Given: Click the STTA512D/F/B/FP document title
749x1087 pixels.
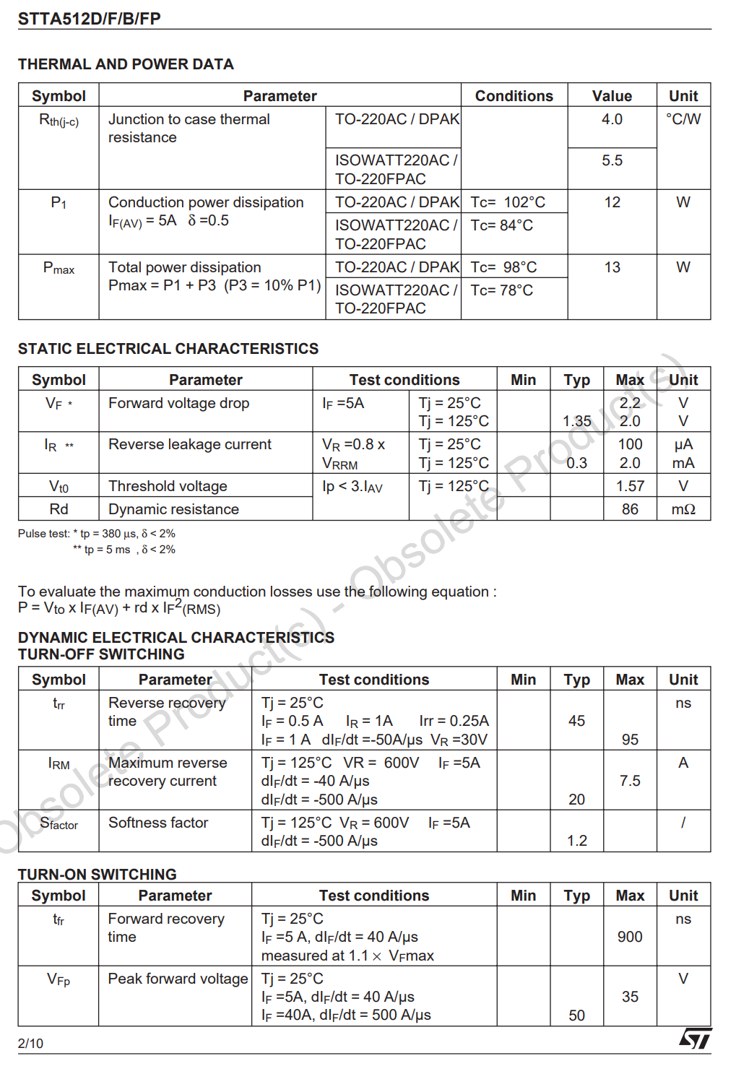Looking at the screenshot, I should tap(89, 19).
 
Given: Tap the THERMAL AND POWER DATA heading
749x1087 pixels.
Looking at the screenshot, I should tap(126, 64).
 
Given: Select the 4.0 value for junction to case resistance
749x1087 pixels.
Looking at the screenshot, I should tap(612, 119).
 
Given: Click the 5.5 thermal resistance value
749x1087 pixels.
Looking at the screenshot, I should tap(612, 160).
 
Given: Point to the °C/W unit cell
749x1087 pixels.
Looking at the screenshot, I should tap(683, 119).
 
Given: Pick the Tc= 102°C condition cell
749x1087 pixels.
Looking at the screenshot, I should tap(508, 202).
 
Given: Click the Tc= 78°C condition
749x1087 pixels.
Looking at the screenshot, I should tap(501, 290).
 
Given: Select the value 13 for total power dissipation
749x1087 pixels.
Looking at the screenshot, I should tap(612, 267).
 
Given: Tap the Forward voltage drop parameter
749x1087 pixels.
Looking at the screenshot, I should tap(178, 403).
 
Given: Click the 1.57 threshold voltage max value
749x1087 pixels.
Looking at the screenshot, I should tap(630, 486).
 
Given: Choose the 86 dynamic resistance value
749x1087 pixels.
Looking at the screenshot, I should tap(630, 509).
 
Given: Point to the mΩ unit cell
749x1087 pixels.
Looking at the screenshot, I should tap(683, 509).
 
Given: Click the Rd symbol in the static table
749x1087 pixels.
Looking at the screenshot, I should tap(59, 509).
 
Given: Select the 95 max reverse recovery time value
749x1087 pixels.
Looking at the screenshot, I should tap(630, 740).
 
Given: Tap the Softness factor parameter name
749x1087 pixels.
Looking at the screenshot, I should tap(158, 823).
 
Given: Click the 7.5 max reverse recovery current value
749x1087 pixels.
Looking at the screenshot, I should tap(630, 781).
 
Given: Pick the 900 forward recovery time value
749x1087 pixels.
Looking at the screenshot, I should tap(630, 937).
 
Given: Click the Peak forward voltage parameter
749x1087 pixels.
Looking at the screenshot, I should tap(178, 979).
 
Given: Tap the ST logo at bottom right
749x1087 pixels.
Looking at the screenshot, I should tap(695, 1039).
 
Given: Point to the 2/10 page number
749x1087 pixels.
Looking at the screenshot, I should tap(30, 1044).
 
